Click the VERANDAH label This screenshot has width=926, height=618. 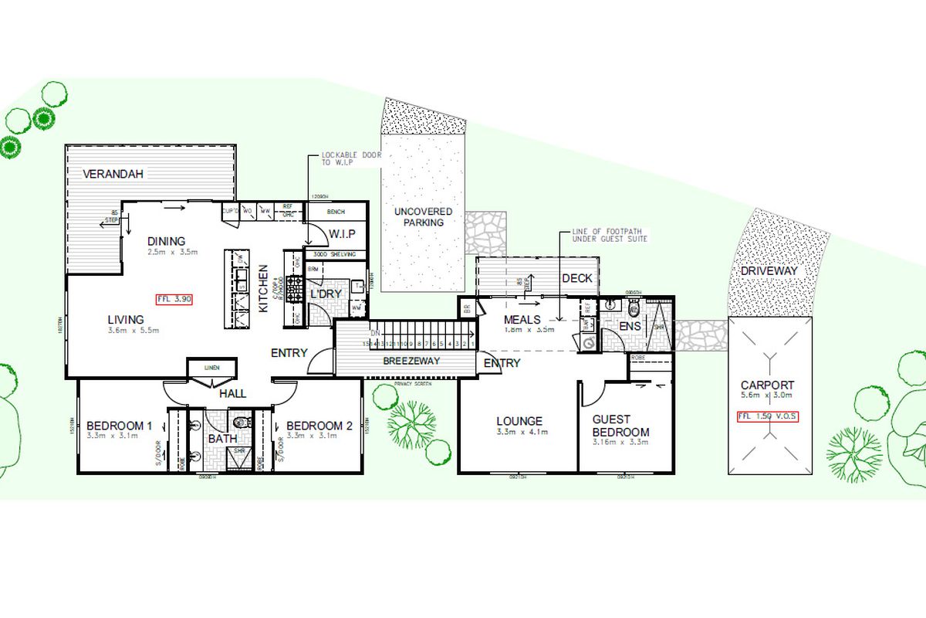[114, 175]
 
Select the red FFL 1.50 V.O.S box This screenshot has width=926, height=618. [766, 417]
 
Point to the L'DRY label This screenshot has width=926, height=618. [326, 295]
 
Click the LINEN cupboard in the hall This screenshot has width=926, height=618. [211, 368]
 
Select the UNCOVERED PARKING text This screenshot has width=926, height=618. [423, 217]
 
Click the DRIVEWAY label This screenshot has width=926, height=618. [769, 271]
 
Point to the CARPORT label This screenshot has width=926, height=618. [767, 385]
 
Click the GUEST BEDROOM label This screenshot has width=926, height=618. [620, 426]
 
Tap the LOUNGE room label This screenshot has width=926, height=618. [519, 421]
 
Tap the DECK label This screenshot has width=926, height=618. [576, 279]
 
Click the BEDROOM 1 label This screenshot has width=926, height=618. [119, 426]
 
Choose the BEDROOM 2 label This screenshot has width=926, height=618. [319, 426]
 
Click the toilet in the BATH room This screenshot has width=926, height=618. [242, 422]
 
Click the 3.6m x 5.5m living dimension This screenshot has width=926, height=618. [133, 331]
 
